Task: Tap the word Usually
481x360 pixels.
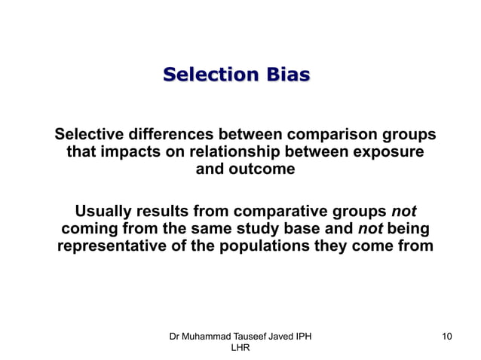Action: pyautogui.click(x=106, y=211)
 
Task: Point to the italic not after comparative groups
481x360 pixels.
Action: pyautogui.click(x=403, y=211)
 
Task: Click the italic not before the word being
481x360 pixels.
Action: pyautogui.click(x=369, y=228)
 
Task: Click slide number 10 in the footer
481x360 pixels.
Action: pyautogui.click(x=446, y=336)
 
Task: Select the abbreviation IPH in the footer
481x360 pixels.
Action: pyautogui.click(x=302, y=336)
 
